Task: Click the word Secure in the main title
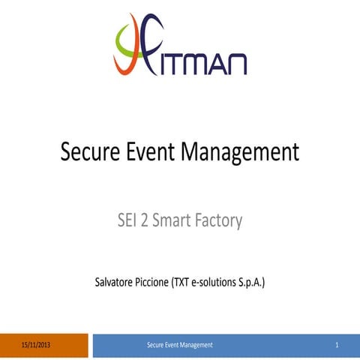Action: point(90,152)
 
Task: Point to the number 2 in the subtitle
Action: point(145,221)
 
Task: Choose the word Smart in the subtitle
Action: point(171,221)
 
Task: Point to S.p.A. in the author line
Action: point(253,283)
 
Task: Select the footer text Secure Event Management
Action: point(180,345)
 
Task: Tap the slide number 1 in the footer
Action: point(337,345)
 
